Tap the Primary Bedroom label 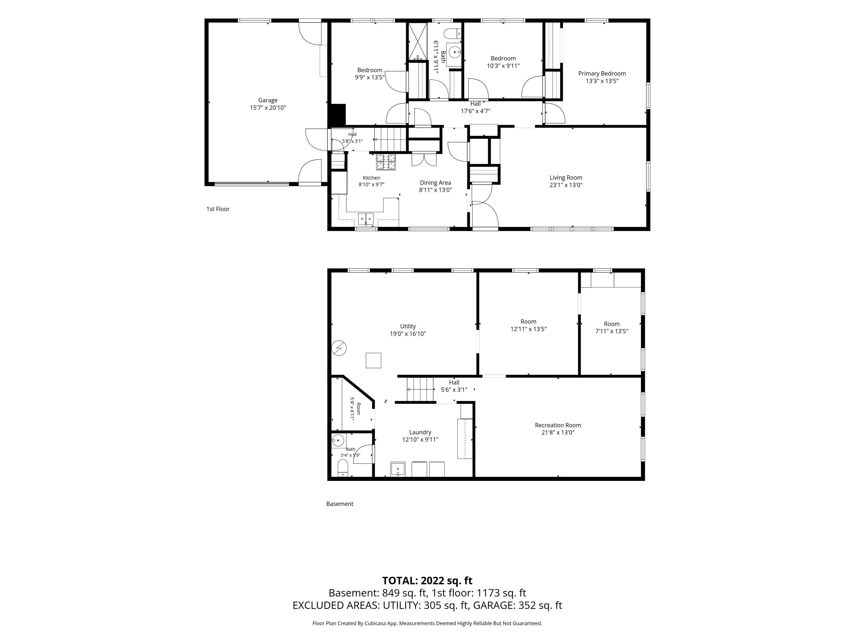602,74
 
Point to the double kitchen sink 366,219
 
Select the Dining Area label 435,183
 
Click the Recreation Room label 558,425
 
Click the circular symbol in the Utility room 339,348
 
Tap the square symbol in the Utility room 373,360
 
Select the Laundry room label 420,432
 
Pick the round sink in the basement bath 338,440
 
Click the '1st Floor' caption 218,209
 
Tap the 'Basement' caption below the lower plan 340,504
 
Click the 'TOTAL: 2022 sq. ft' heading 427,581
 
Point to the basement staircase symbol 421,389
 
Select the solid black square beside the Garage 337,115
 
